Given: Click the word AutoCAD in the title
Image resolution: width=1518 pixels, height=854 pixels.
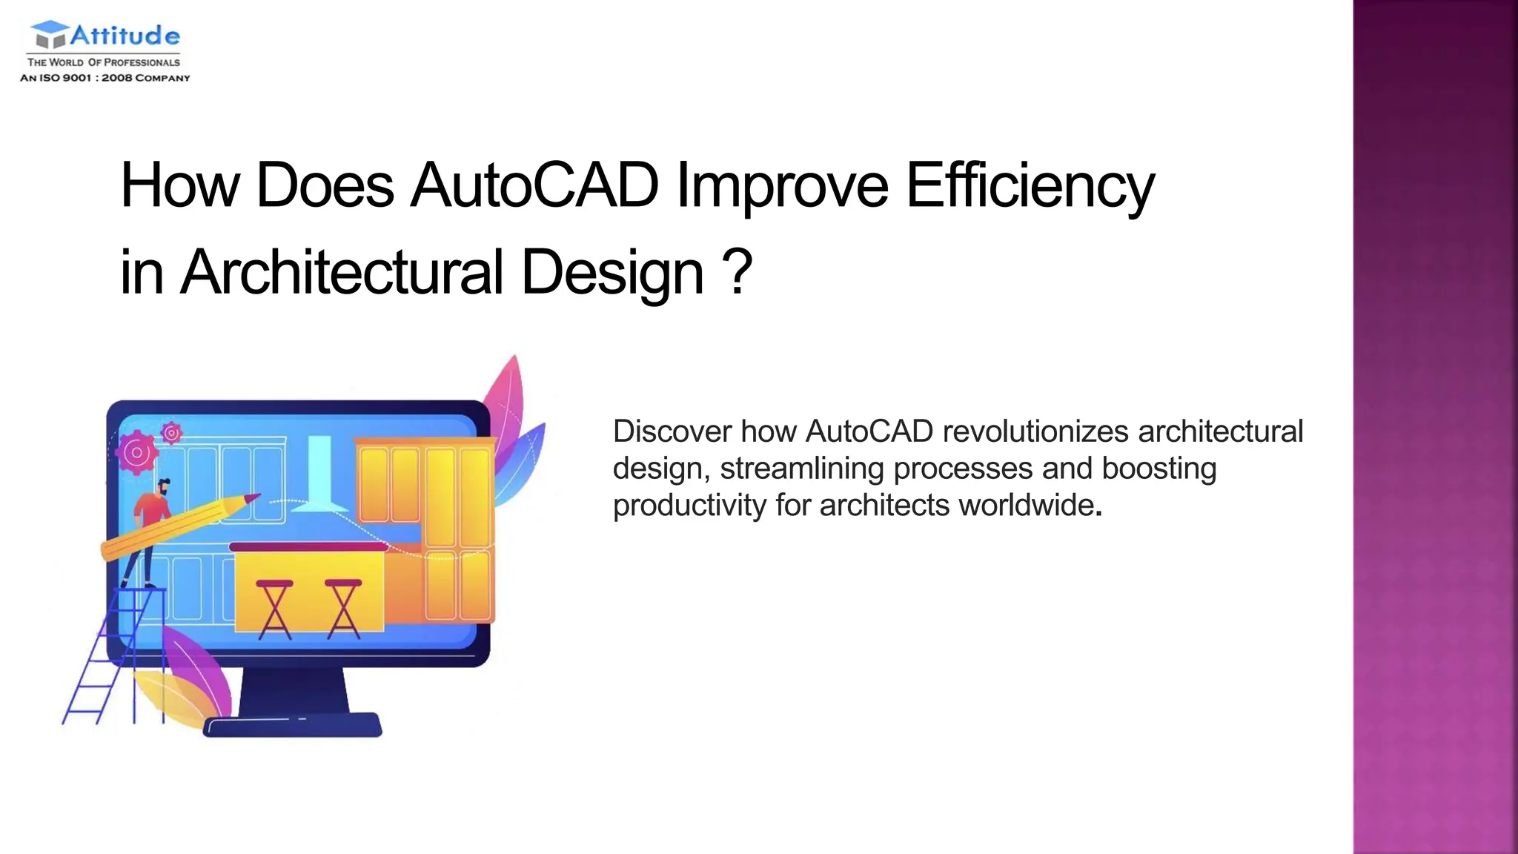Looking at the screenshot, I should click(x=534, y=185).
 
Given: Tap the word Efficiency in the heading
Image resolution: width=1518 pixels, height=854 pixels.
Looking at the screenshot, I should click(x=1030, y=185).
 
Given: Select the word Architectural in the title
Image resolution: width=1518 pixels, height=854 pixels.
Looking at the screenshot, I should click(x=342, y=272).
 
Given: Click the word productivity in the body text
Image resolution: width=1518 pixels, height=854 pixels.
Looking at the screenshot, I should click(x=689, y=506).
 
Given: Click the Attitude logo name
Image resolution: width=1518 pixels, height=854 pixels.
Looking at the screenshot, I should click(x=125, y=35).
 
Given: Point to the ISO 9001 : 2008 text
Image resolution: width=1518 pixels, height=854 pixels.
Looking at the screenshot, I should click(x=105, y=78).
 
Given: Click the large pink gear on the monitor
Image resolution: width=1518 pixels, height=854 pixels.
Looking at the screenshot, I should click(x=137, y=452).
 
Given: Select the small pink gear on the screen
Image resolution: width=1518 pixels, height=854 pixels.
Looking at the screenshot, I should click(x=172, y=432).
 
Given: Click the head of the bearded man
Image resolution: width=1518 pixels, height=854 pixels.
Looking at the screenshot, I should click(x=164, y=488).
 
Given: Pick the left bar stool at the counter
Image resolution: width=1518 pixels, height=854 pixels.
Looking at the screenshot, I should click(x=275, y=608).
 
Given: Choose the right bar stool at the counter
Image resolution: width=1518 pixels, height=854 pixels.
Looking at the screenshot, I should click(x=343, y=608).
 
